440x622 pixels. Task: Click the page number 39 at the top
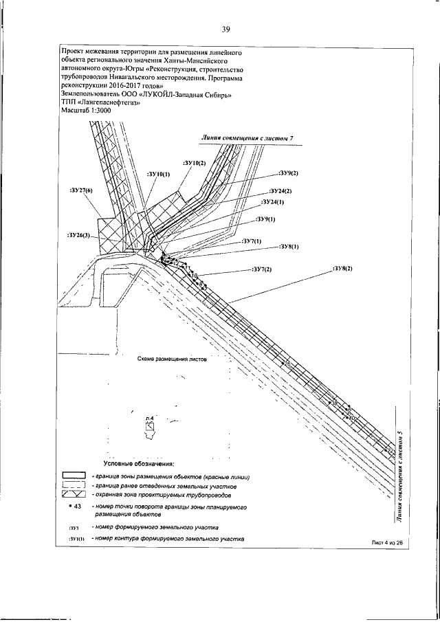tap(225, 29)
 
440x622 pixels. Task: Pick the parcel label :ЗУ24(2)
tap(280, 190)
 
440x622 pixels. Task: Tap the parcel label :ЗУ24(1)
tap(273, 203)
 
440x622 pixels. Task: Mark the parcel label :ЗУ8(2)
tap(342, 268)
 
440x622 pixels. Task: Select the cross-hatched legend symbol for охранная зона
tap(73, 494)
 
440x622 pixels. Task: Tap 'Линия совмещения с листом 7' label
tap(247, 138)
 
